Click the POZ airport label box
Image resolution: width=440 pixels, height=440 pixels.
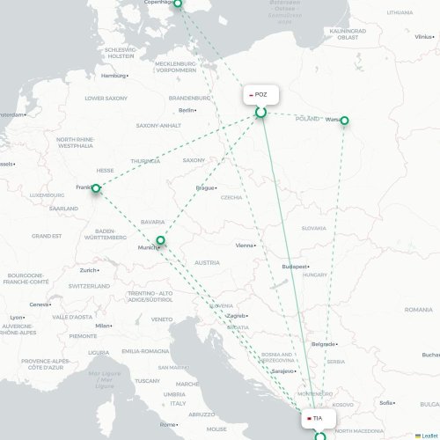point(260,94)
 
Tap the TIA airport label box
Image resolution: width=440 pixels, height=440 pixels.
point(317,419)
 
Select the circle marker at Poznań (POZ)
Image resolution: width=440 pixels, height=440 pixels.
point(260,112)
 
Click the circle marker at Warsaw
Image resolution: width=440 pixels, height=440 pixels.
point(345,121)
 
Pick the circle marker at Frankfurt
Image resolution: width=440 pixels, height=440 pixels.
point(96,187)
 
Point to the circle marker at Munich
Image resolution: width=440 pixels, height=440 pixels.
point(160,240)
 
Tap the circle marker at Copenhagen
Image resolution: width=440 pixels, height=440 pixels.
point(178,4)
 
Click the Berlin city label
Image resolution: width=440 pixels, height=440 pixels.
point(187,110)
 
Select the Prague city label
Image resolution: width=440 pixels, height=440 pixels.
point(206,187)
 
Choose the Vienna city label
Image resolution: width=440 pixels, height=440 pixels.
point(246,246)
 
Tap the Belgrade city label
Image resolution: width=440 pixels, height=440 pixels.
point(323,344)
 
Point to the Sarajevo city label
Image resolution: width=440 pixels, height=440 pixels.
point(282,371)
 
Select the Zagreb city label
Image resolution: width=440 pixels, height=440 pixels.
point(235,315)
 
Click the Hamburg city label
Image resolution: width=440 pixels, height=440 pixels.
point(114,76)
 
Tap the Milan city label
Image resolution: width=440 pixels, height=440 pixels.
point(104,326)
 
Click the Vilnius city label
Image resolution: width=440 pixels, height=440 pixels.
point(423,37)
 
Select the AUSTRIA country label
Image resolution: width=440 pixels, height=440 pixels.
point(207,263)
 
